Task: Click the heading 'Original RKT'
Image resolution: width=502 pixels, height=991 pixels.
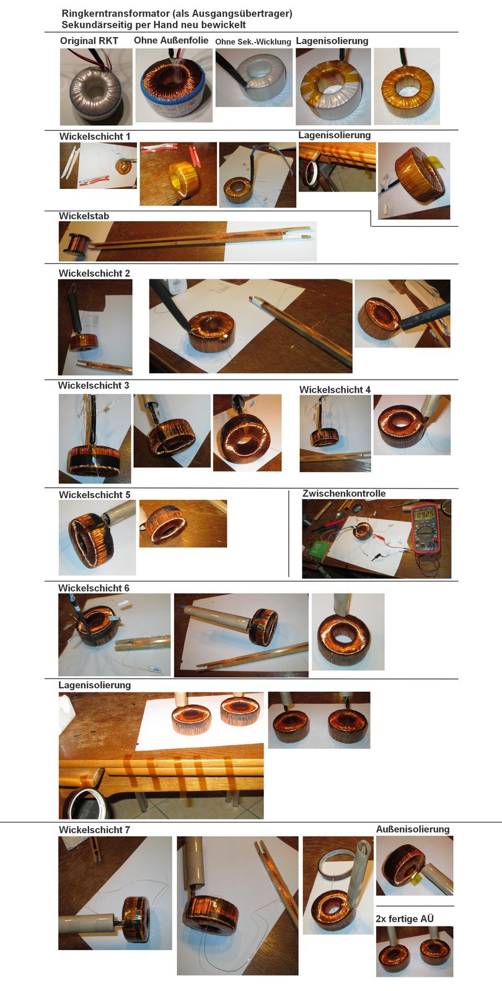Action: point(89,41)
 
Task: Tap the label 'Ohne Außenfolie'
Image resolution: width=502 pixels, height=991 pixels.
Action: point(171,40)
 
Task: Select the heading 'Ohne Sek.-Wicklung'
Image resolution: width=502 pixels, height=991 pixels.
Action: point(253,41)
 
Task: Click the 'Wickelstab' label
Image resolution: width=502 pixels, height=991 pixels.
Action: point(84,216)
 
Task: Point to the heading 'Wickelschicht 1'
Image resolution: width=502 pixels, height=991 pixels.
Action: point(95,136)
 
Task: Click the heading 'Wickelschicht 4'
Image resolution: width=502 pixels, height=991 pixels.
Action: point(335,390)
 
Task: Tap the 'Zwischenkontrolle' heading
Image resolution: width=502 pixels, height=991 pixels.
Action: point(344,493)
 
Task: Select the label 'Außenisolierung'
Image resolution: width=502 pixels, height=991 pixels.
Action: point(413,829)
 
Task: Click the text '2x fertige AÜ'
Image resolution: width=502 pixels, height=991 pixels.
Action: point(405,919)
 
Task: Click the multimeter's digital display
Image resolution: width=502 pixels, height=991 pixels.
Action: point(425,515)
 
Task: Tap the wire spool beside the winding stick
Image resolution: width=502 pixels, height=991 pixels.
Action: point(78,245)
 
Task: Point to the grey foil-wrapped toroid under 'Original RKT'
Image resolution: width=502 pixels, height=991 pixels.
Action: point(96,94)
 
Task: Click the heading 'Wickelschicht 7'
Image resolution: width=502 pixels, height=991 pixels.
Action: point(94,829)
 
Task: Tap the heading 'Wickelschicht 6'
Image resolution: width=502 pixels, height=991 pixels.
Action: point(94,588)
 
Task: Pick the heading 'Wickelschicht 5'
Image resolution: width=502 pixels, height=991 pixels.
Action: point(95,495)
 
